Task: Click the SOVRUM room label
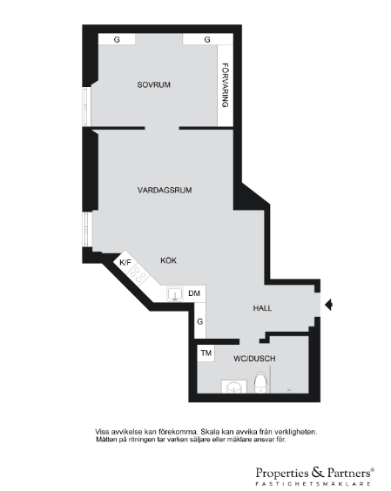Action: click(x=154, y=84)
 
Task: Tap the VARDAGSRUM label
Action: click(x=165, y=191)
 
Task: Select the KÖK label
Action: click(x=169, y=260)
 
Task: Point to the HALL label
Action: click(x=262, y=308)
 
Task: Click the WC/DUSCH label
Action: click(x=254, y=359)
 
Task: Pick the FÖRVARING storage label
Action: click(x=226, y=85)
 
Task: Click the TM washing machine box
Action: click(x=206, y=353)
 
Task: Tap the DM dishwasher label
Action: click(x=194, y=293)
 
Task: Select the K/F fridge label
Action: click(x=125, y=262)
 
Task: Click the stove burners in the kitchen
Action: click(x=138, y=274)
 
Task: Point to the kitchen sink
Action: click(x=174, y=294)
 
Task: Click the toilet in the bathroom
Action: click(x=260, y=382)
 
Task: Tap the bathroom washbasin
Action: click(x=234, y=387)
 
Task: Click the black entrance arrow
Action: click(x=328, y=305)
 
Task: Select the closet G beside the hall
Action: click(x=200, y=321)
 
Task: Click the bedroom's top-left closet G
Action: click(x=117, y=39)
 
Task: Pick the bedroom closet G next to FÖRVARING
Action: click(x=207, y=39)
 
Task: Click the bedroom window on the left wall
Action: click(x=86, y=106)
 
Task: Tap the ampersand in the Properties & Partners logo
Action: click(x=318, y=472)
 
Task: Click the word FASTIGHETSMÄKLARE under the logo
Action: click(x=313, y=484)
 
